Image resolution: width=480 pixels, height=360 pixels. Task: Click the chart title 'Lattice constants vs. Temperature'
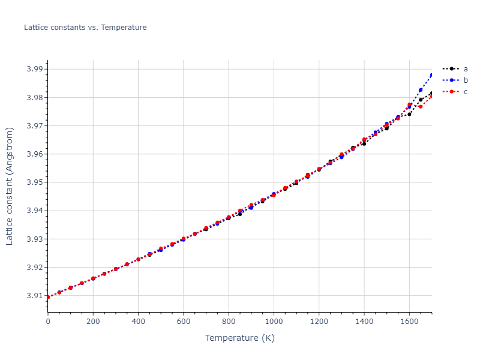coord(85,28)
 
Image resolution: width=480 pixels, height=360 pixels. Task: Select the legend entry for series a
coord(465,68)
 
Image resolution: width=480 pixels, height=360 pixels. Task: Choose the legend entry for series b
coord(465,80)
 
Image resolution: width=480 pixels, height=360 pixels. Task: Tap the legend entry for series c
coord(465,91)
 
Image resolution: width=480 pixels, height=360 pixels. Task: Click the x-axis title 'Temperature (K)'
coord(239,338)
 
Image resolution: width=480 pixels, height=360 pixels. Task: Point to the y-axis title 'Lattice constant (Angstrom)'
coord(10,186)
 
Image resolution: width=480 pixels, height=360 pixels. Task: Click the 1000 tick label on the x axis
coord(274,321)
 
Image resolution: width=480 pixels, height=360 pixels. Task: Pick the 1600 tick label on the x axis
coord(409,321)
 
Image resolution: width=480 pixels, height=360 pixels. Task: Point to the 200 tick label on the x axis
coord(93,321)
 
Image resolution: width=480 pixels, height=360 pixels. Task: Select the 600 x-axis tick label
coord(184,321)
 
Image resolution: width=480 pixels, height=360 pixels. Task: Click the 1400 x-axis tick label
coord(364,321)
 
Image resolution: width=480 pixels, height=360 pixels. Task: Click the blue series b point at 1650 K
coord(421,90)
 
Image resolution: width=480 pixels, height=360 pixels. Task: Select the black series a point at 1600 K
coord(409,114)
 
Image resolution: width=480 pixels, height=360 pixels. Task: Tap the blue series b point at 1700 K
coord(431,75)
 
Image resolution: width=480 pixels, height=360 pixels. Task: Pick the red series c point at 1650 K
coord(421,106)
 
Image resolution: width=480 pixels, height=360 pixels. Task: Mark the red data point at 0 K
coord(48,297)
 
